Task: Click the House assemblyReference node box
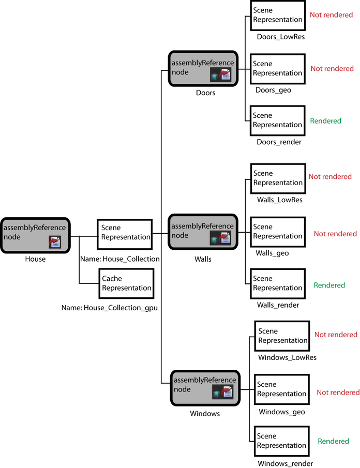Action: [x=35, y=235]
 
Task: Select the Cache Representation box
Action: [x=126, y=283]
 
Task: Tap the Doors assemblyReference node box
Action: [x=203, y=68]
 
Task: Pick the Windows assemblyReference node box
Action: [x=205, y=388]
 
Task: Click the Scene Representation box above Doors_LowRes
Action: [x=277, y=16]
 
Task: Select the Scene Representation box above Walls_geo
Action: [x=278, y=232]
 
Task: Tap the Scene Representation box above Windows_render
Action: [x=282, y=441]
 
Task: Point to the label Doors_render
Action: [x=279, y=142]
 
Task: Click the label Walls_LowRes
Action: [x=279, y=200]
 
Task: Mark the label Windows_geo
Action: [x=282, y=412]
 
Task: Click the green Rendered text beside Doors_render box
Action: [x=326, y=121]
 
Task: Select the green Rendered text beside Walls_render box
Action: [x=329, y=285]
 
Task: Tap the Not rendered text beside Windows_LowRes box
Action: [x=336, y=335]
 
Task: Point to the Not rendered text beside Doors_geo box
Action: [x=332, y=69]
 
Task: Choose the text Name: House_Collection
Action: [x=120, y=259]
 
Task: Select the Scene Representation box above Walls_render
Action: [x=278, y=283]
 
